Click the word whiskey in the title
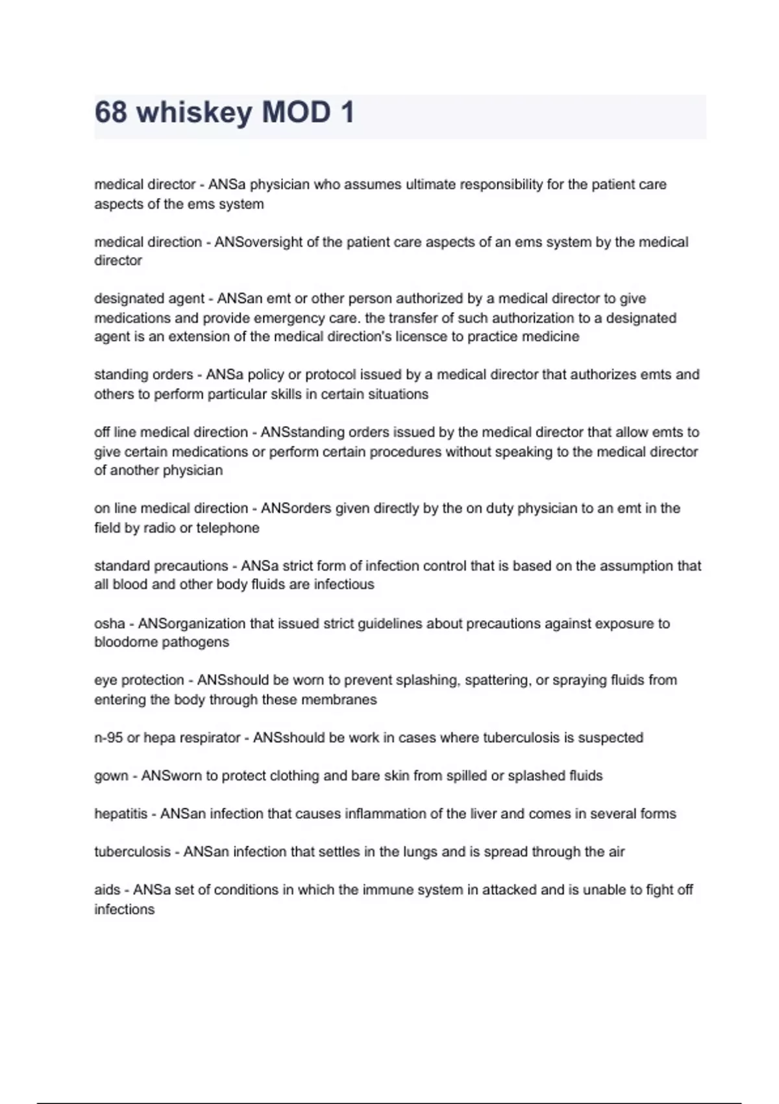(194, 112)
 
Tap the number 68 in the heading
(110, 112)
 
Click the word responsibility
(501, 184)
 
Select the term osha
(109, 623)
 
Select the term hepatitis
(121, 814)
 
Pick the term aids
(107, 890)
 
